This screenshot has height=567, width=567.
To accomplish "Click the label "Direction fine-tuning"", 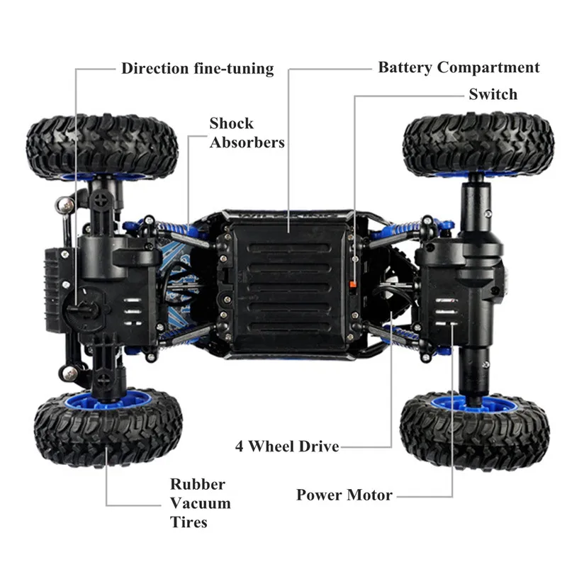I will [x=197, y=69].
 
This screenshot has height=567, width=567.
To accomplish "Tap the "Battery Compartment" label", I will [x=459, y=68].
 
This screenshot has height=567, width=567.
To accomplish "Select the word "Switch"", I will [x=493, y=94].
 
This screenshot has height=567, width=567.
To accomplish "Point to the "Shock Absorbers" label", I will [x=246, y=133].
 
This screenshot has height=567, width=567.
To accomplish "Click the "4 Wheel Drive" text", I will [x=287, y=447].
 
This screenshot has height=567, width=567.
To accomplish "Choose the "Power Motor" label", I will [x=344, y=495].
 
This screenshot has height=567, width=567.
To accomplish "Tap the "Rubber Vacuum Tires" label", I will [x=200, y=503].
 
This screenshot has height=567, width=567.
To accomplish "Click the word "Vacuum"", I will [x=200, y=503].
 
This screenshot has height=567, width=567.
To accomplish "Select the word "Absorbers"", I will [x=246, y=142].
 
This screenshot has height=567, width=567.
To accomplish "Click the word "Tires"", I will [x=189, y=522].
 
